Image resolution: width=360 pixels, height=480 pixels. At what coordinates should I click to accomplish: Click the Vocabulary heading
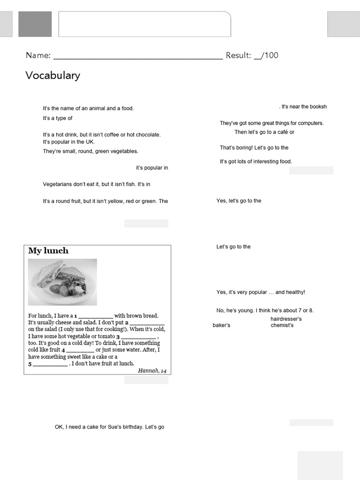coord(53,75)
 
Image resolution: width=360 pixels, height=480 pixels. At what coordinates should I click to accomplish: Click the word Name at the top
coord(37,55)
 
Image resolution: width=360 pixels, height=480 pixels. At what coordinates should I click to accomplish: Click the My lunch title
coord(48,251)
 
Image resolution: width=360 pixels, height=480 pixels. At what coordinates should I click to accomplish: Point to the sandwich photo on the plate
coord(62,282)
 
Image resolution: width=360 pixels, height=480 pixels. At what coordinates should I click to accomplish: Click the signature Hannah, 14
coord(152,371)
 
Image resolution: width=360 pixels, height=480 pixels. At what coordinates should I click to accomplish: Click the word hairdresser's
coord(286,319)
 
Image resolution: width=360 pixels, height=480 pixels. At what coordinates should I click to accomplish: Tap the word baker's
coord(221,325)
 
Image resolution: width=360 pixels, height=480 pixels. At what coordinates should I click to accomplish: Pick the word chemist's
coord(282,325)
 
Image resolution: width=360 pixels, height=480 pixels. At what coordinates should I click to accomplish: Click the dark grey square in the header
coord(35,24)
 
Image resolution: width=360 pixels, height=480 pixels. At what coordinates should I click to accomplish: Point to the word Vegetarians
coord(59,185)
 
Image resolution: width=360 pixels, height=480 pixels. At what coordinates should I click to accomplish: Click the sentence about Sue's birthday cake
coord(109,427)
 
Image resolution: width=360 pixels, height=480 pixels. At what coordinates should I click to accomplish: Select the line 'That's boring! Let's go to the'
coord(254,148)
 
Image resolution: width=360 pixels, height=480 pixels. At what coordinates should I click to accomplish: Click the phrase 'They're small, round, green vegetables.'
coord(90,151)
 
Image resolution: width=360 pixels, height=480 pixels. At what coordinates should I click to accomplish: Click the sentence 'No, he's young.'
coord(234,310)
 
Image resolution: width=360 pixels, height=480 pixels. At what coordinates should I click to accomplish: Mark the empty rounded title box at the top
coord(144,24)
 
